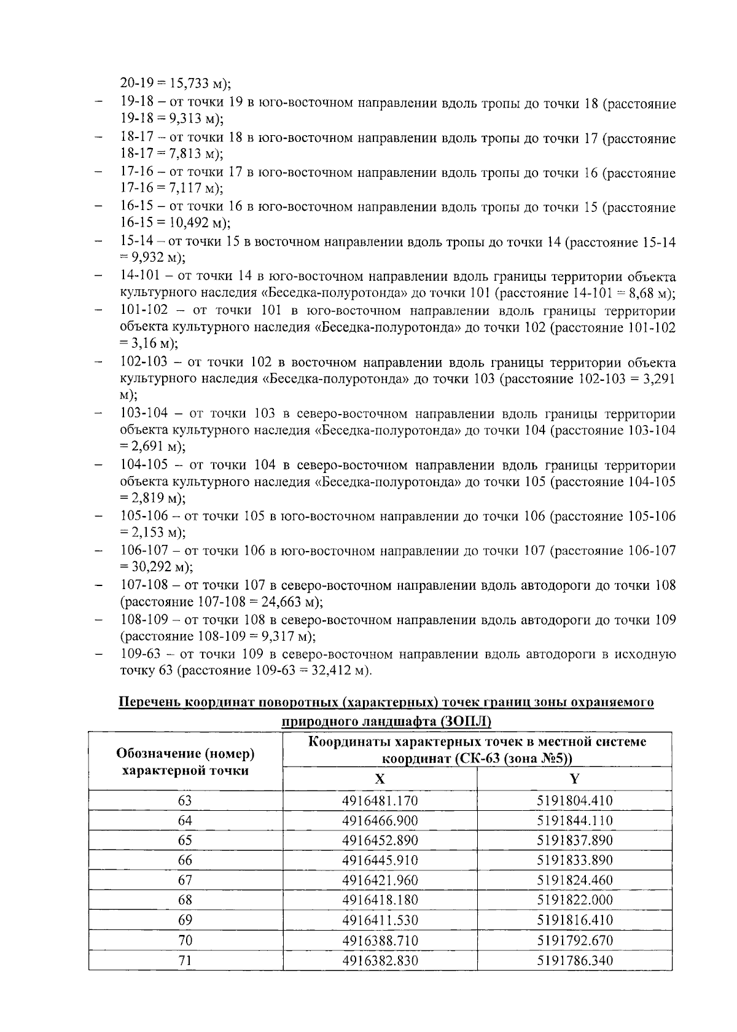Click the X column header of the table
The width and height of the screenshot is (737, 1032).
[x=380, y=779]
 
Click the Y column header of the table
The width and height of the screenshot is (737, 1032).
[x=574, y=779]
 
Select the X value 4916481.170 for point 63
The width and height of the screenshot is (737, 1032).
[x=380, y=800]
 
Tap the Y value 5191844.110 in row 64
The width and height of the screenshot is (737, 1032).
[x=574, y=821]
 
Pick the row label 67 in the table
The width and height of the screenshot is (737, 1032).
[x=185, y=880]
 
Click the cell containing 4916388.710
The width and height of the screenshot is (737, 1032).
[x=380, y=940]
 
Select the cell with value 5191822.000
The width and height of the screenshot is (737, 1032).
[x=574, y=901]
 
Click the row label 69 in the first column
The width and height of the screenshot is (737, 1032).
[x=185, y=920]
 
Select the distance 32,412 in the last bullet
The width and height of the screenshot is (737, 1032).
[x=332, y=670]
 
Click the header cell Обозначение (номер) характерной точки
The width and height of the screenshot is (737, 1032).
[x=185, y=762]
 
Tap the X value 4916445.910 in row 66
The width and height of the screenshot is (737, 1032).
[x=380, y=861]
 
